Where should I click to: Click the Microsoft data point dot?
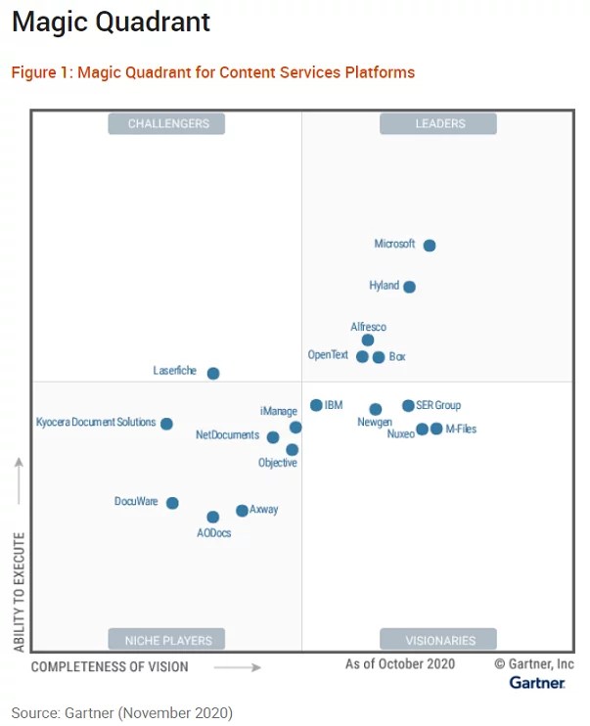click(x=430, y=246)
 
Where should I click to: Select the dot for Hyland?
click(x=409, y=287)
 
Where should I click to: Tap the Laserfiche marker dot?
click(x=213, y=373)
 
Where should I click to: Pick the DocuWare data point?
click(x=172, y=503)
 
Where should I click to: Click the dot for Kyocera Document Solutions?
click(x=166, y=424)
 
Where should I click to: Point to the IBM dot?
click(x=316, y=405)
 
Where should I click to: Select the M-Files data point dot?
click(x=436, y=429)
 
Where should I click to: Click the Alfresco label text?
click(x=368, y=327)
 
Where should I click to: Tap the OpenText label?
click(x=328, y=355)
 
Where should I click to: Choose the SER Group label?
click(x=438, y=405)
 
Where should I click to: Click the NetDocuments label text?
click(x=227, y=434)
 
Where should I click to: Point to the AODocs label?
click(x=213, y=533)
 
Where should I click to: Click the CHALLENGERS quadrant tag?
click(x=168, y=123)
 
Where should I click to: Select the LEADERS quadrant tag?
click(x=439, y=123)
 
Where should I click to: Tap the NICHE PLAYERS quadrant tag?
click(x=168, y=641)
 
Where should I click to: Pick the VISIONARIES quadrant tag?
click(x=439, y=641)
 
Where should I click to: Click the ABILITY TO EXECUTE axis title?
click(x=19, y=592)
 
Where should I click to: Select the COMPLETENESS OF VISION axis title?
click(x=110, y=667)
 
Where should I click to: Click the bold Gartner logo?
click(x=536, y=683)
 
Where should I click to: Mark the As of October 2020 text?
click(x=399, y=664)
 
